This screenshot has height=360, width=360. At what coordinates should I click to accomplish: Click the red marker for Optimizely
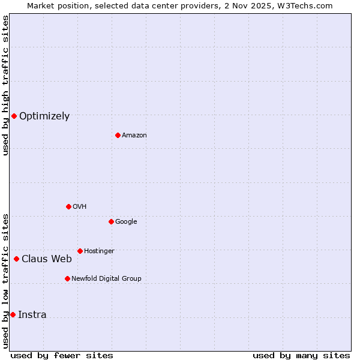(x=14, y=116)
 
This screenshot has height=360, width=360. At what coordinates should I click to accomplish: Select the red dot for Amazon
(x=118, y=135)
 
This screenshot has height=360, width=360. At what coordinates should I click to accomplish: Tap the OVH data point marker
(x=68, y=206)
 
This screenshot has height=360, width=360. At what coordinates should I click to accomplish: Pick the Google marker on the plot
(x=111, y=221)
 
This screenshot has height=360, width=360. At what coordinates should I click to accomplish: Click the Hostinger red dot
(x=80, y=251)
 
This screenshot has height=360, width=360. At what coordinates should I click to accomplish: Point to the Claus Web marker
(x=16, y=259)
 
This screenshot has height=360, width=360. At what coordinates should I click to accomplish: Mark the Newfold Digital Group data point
(x=67, y=278)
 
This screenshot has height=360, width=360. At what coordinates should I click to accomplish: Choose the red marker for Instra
(x=13, y=314)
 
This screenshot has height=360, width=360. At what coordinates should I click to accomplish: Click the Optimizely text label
(x=44, y=116)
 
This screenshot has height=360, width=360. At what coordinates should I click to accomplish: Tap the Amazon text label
(x=134, y=136)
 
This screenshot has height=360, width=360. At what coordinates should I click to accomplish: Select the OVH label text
(x=80, y=207)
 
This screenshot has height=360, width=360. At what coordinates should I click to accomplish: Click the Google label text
(x=126, y=222)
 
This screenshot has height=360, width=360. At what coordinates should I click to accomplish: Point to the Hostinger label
(x=99, y=251)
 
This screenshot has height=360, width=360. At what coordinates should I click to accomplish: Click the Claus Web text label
(x=47, y=259)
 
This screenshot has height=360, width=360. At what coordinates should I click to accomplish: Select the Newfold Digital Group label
(x=106, y=279)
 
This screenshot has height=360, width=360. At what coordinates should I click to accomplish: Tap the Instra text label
(x=32, y=315)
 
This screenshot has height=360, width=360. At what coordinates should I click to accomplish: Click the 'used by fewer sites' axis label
(x=62, y=355)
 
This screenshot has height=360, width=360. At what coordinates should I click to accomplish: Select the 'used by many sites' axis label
(x=301, y=355)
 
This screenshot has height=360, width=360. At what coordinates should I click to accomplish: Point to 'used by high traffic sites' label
(x=5, y=85)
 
